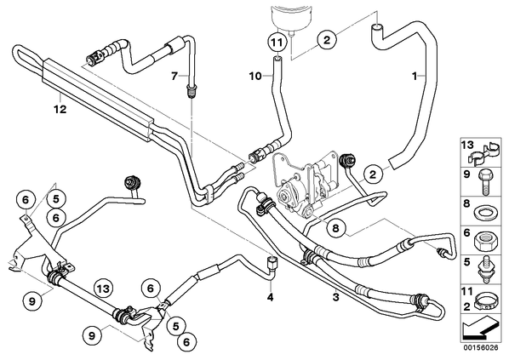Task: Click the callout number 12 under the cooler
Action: coord(60,110)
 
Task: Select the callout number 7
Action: coord(174,77)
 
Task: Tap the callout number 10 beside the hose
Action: coord(255,77)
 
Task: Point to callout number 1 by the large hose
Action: coord(415,77)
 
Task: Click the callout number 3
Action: coord(336,297)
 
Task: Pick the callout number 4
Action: coord(271,297)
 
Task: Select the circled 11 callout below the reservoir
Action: coord(276,43)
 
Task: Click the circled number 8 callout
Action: coord(335,228)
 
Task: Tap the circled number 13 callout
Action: coord(103,289)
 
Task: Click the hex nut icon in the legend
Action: coord(485,241)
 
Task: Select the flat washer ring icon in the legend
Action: coord(484,213)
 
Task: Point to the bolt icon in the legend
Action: coord(485,182)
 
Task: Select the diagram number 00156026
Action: coord(481,347)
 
